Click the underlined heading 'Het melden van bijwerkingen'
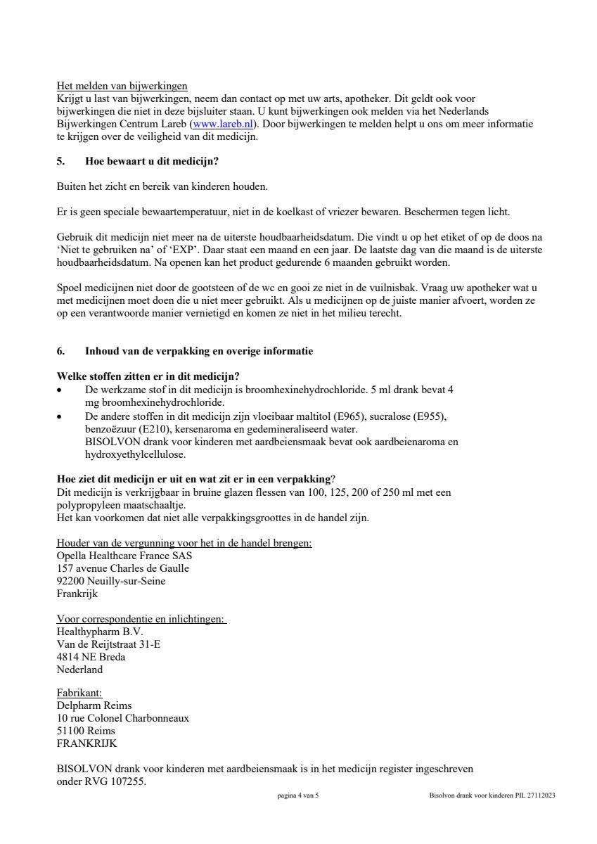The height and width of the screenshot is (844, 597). point(122,86)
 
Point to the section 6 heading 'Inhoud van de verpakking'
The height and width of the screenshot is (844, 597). point(199,351)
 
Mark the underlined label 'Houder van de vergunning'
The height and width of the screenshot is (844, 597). point(184,543)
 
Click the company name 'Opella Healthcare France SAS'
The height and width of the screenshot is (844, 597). point(124,556)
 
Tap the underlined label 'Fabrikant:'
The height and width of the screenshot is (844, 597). point(79,693)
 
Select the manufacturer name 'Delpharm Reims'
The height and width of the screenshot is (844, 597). point(94,705)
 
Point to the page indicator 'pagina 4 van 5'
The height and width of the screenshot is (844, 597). point(298,795)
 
